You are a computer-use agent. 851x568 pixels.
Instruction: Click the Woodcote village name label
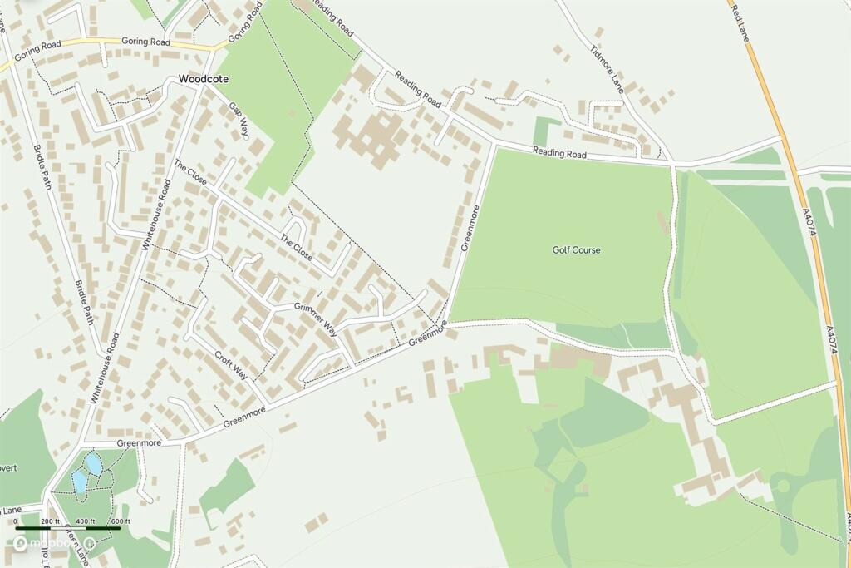(203, 79)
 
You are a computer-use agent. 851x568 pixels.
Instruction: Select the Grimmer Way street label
(316, 317)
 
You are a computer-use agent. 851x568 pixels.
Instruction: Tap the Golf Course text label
(576, 249)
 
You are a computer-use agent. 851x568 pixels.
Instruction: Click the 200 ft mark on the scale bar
(51, 521)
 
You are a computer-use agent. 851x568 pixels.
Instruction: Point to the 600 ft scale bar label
(121, 521)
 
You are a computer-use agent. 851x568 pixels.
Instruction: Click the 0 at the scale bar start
(16, 521)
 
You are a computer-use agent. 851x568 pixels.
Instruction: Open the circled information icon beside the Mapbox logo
(90, 543)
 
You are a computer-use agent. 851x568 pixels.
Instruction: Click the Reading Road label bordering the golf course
(559, 154)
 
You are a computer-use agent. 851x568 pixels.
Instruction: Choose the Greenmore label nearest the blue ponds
(139, 443)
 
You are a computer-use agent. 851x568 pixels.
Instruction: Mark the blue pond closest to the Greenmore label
(94, 462)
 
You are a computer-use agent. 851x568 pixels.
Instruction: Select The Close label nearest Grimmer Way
(297, 248)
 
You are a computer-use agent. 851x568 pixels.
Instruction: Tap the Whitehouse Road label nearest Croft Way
(106, 368)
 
